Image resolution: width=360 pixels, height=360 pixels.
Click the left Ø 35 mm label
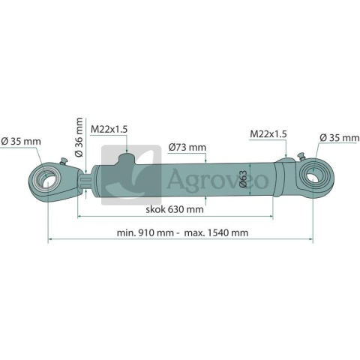(x=21, y=142)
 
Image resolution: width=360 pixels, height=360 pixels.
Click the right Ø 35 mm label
(x=340, y=137)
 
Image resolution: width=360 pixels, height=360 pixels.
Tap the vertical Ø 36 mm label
(x=79, y=137)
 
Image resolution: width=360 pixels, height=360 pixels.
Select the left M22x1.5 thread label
(x=109, y=130)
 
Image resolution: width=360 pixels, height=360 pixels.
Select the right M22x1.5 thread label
(x=268, y=134)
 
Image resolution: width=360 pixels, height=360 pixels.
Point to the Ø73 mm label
(x=187, y=147)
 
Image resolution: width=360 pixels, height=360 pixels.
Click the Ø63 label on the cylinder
(x=243, y=178)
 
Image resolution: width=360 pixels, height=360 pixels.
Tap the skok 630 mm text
(x=175, y=209)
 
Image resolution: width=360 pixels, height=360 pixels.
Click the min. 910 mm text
(x=145, y=232)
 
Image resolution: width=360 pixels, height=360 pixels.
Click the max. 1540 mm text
(x=216, y=232)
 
